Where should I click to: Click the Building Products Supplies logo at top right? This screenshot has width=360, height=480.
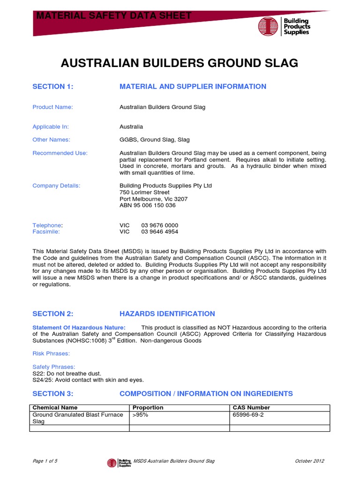click(284, 26)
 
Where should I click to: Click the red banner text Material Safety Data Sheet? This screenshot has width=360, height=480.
click(114, 15)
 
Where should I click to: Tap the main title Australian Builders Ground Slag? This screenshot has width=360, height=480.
click(180, 63)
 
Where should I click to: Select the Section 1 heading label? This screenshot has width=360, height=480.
click(53, 86)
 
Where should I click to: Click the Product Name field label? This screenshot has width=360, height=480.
click(52, 107)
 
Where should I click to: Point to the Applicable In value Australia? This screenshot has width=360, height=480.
click(131, 127)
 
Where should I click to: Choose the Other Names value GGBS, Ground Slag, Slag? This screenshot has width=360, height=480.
click(155, 140)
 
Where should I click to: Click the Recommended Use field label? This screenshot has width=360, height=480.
click(60, 153)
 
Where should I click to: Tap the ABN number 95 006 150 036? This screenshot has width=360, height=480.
click(148, 205)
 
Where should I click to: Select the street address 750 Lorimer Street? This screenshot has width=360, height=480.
click(145, 192)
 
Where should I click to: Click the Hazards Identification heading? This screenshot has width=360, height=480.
click(167, 314)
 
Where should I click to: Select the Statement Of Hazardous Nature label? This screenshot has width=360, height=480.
click(79, 327)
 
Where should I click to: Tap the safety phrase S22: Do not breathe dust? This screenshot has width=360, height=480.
click(67, 373)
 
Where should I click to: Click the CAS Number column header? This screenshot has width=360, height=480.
click(251, 407)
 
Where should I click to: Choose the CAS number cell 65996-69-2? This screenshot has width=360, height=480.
click(249, 415)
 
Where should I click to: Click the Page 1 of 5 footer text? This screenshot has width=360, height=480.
click(45, 461)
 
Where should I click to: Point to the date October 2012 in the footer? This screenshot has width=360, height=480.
click(309, 461)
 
